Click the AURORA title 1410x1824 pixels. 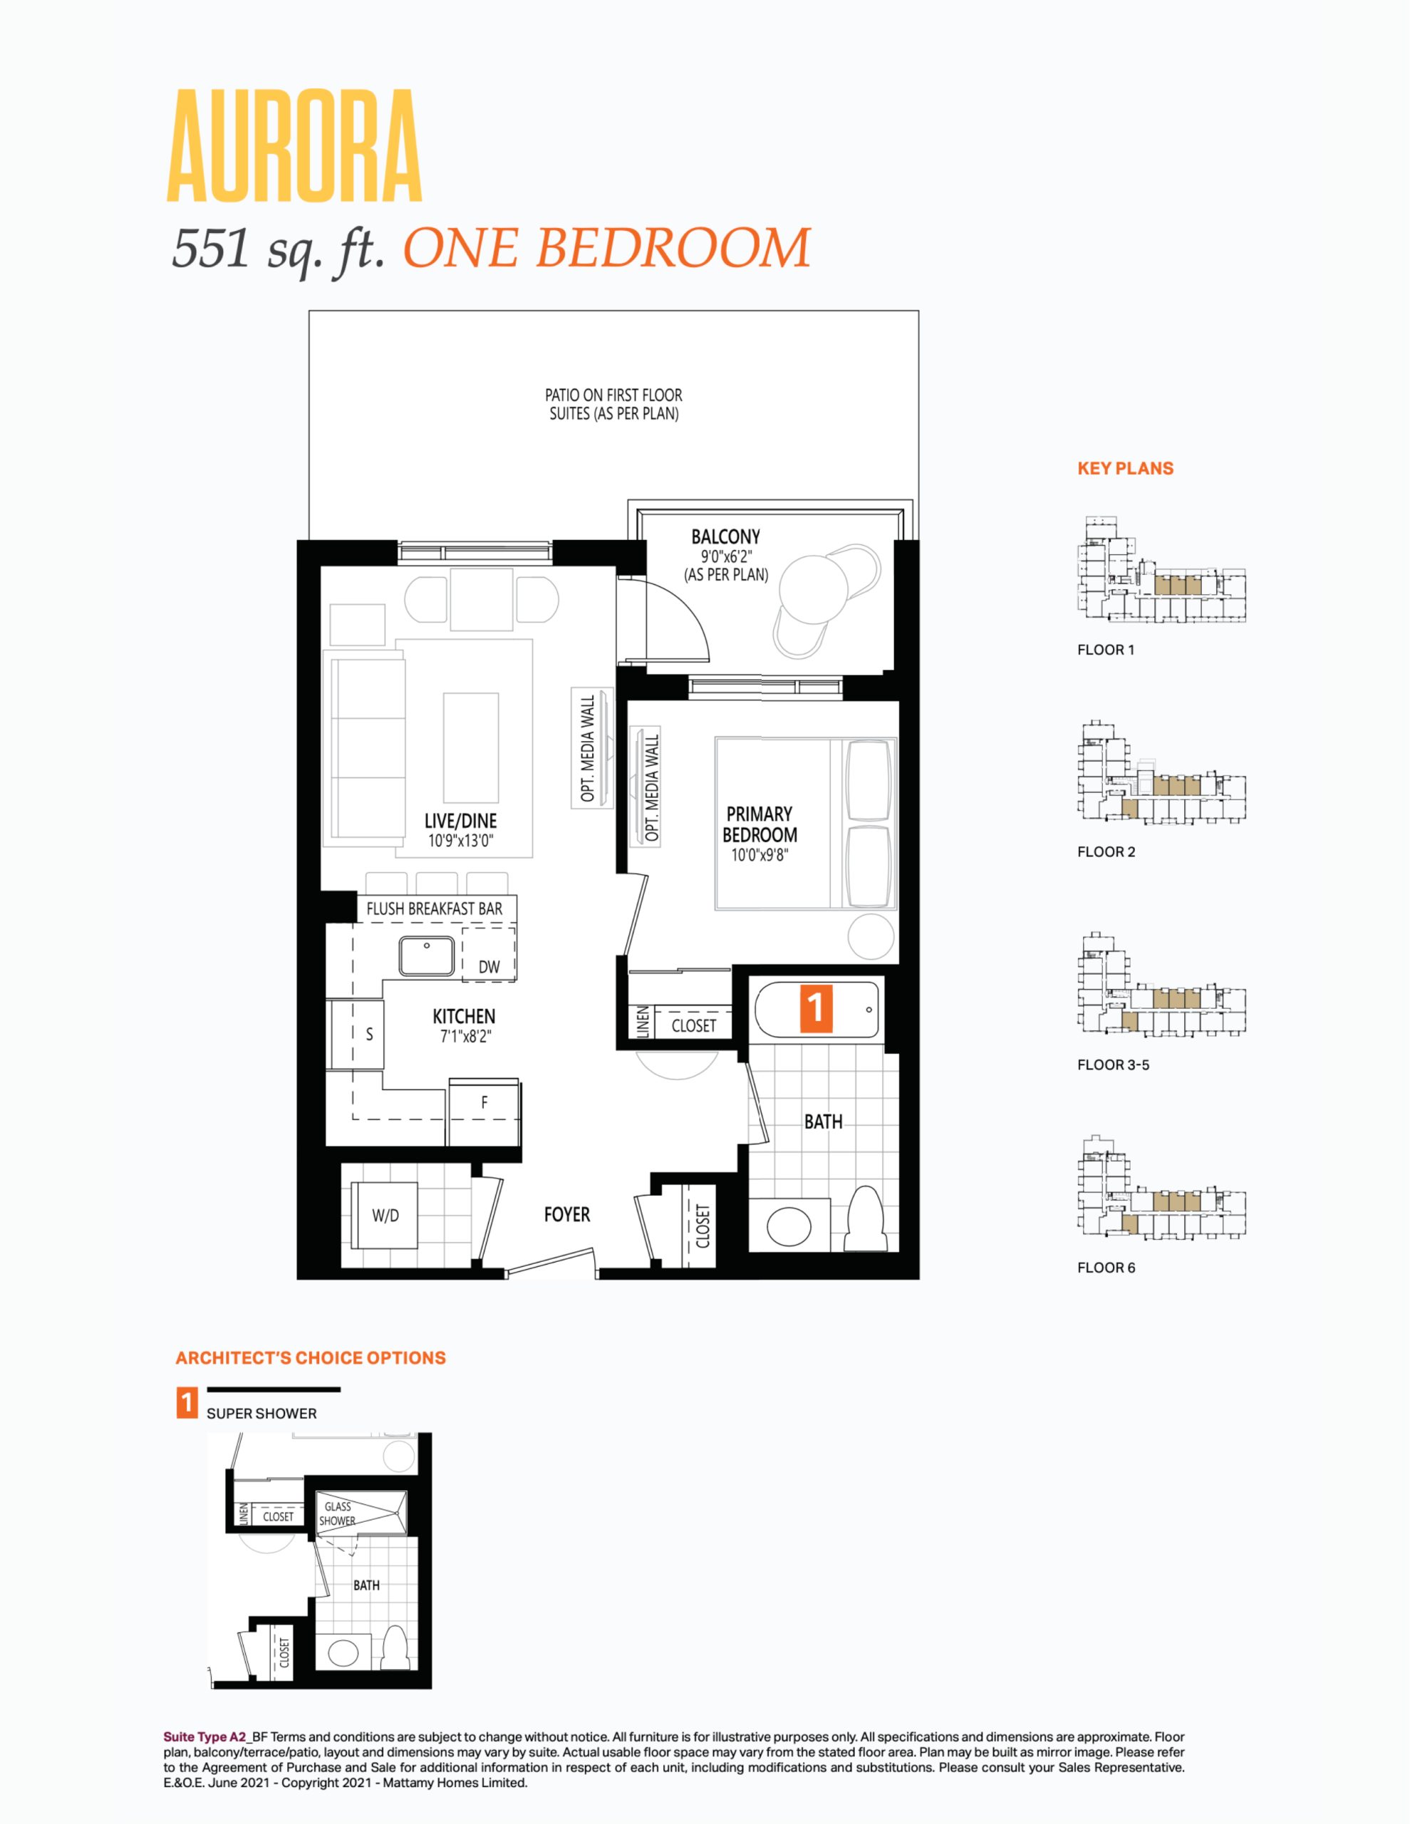(295, 147)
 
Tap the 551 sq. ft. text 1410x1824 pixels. (277, 248)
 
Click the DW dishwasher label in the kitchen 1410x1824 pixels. (489, 967)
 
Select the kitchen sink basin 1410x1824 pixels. (427, 955)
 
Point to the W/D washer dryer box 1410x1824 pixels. (385, 1215)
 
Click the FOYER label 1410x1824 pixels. (567, 1214)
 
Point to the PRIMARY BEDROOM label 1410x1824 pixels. (760, 824)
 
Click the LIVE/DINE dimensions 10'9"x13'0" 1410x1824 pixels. (461, 841)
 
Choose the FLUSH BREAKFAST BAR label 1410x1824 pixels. (435, 908)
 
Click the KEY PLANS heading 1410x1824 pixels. (1125, 469)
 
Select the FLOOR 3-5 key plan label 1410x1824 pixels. (1114, 1065)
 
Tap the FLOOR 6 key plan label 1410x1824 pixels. (1106, 1268)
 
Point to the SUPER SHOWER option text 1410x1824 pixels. (262, 1413)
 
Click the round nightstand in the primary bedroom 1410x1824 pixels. (871, 936)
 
